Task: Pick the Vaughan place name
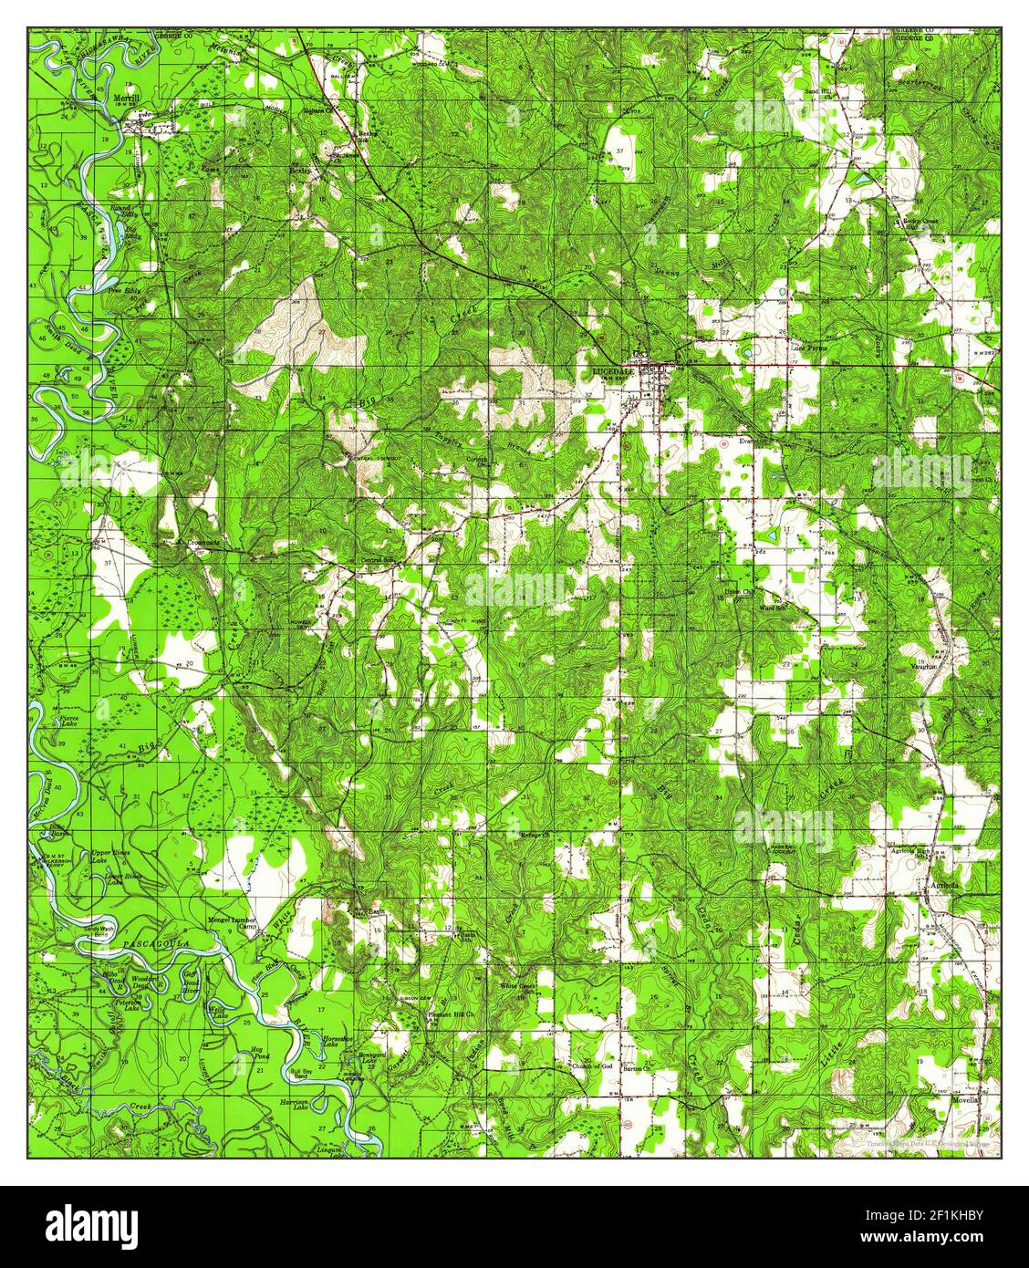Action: point(922,667)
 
